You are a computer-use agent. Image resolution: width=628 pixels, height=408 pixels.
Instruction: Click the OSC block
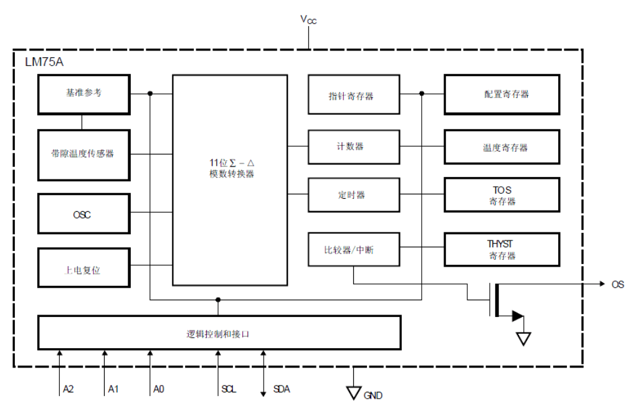(x=83, y=216)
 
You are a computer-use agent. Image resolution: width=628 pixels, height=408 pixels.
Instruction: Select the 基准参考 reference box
(x=83, y=93)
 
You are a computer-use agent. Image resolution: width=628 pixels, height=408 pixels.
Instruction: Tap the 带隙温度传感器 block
(x=83, y=153)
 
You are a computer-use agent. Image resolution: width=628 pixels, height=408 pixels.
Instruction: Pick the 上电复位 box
(x=83, y=270)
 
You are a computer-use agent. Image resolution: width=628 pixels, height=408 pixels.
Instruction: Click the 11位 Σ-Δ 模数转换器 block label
(x=230, y=168)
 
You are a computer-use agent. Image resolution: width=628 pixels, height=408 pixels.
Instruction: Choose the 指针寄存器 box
(x=353, y=96)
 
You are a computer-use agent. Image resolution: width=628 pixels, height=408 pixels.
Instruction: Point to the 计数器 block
(x=353, y=146)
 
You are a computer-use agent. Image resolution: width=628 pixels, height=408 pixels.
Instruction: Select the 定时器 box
(x=353, y=195)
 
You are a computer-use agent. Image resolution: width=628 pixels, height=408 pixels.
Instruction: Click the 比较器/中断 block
(x=353, y=250)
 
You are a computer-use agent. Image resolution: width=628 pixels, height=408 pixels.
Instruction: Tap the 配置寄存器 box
(x=502, y=94)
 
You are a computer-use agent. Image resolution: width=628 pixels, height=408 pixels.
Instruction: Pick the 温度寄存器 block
(x=502, y=148)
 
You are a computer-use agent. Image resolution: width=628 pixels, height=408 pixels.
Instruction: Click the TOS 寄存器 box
(x=502, y=195)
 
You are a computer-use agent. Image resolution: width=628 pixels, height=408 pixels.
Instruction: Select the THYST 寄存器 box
(x=502, y=249)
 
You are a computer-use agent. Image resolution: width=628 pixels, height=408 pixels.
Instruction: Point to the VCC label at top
(x=308, y=20)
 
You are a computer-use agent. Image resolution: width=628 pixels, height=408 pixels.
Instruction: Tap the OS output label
(x=617, y=284)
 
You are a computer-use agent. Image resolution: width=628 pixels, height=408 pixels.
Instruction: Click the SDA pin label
(x=282, y=389)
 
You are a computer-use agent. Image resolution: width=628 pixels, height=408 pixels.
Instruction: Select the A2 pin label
(x=69, y=389)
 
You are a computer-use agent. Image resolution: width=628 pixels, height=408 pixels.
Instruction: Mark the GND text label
(x=373, y=396)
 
